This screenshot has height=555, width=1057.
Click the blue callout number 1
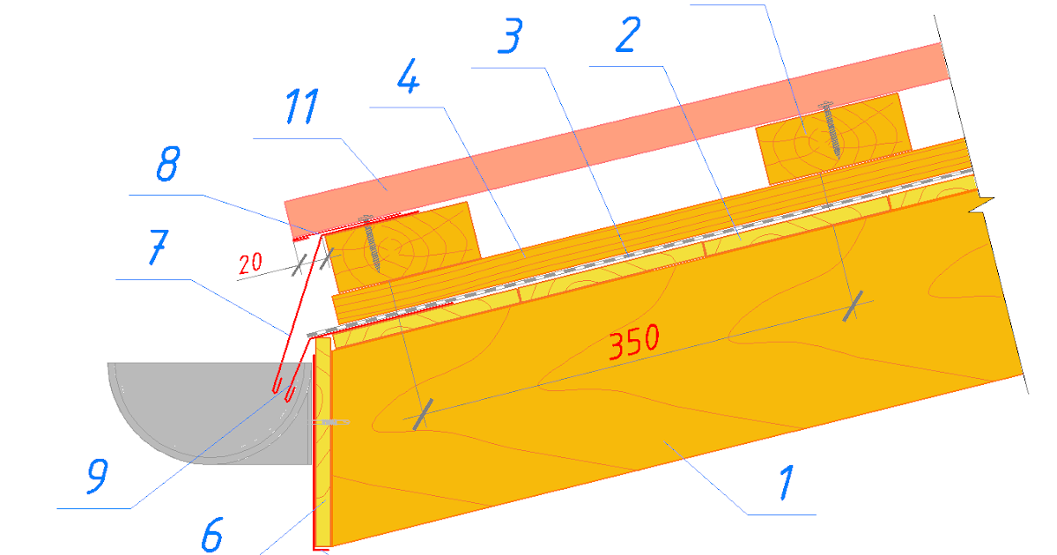[786, 482]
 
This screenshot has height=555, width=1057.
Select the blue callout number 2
[628, 34]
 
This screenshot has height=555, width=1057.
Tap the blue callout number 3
[511, 35]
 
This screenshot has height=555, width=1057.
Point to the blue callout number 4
[408, 76]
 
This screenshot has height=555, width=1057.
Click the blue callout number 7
[158, 248]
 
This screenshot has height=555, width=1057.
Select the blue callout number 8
[168, 164]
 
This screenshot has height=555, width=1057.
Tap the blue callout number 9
[98, 477]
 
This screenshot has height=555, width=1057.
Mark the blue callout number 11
[302, 107]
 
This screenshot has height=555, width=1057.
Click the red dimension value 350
[633, 342]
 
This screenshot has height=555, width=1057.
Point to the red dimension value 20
[250, 263]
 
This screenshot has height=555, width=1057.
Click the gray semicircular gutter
[210, 413]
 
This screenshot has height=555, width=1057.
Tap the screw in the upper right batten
[831, 129]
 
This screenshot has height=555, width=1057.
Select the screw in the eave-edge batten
[371, 243]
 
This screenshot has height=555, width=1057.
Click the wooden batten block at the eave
[403, 248]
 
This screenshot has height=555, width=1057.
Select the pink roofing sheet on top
[617, 141]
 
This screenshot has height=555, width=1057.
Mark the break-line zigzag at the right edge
[981, 204]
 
